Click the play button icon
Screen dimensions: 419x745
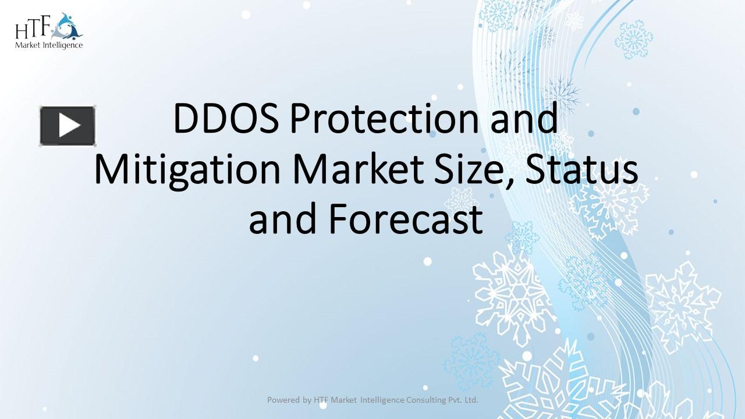tap(68, 126)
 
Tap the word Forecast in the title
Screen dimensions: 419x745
tap(406, 220)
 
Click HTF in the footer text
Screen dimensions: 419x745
tap(321, 400)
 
